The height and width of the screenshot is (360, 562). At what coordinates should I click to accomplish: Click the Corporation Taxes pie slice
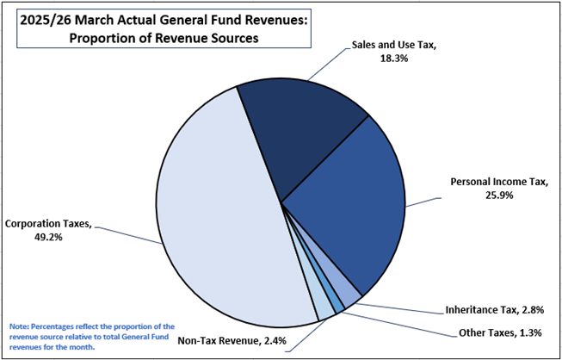[x=215, y=215]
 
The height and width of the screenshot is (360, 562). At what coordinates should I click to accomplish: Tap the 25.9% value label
[x=498, y=196]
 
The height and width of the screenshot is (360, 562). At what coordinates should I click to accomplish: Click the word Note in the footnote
[x=19, y=326]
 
